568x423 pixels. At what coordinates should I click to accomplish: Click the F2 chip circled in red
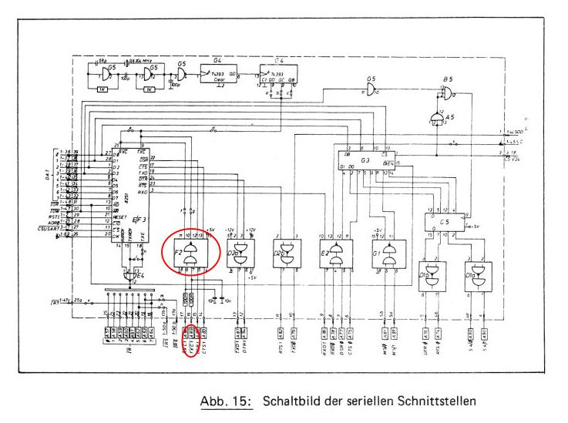(x=188, y=253)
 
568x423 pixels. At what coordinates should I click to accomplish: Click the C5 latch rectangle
(x=443, y=221)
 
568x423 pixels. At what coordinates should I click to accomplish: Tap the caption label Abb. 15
(x=227, y=401)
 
